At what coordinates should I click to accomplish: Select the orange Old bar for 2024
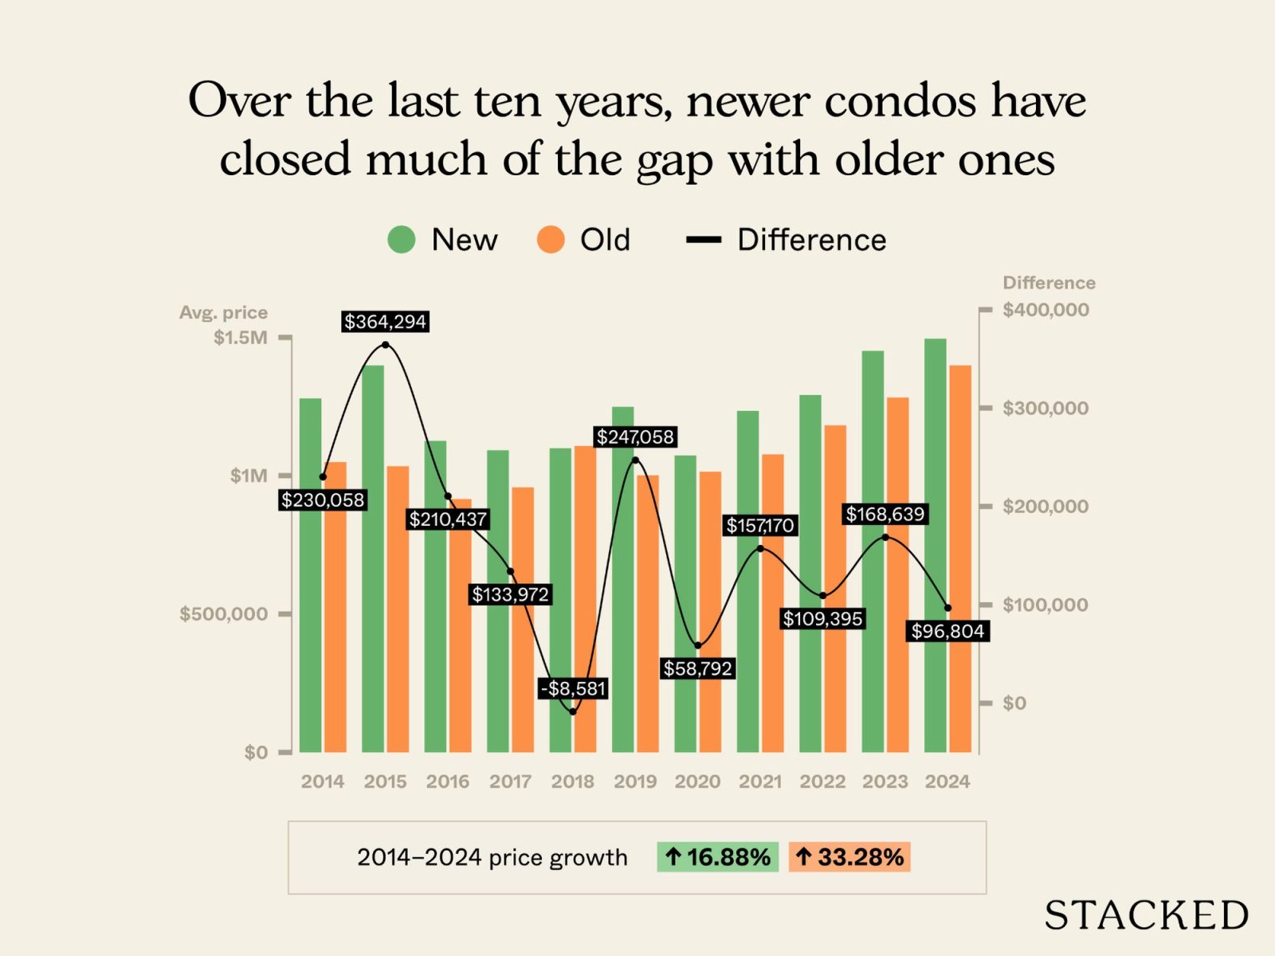pos(960,558)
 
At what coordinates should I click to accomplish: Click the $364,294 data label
pos(385,322)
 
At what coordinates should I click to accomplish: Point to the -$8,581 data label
pos(573,688)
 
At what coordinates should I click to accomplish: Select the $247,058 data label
pos(635,437)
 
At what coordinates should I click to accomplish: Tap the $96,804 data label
pos(947,631)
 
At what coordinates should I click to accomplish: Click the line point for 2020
pos(698,645)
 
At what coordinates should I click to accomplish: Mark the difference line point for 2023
pos(885,538)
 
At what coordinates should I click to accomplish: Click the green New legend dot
pos(402,240)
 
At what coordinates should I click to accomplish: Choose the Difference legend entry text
pos(811,240)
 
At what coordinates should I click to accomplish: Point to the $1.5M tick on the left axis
pos(241,338)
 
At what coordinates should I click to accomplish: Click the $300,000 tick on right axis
pos(1045,409)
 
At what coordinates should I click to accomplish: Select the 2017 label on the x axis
pos(510,782)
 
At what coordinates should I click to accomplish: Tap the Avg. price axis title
pos(223,312)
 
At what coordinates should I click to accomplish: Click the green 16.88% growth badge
pos(717,857)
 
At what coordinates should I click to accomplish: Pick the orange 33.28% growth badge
pos(849,857)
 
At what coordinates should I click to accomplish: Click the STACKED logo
pos(1146,915)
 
